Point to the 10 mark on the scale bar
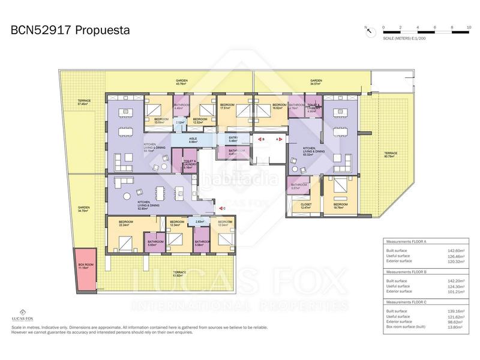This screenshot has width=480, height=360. [x=469, y=28]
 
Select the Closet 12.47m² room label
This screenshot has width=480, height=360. [x=306, y=206]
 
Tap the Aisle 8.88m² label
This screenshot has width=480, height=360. [x=193, y=140]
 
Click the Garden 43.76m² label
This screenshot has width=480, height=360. [x=181, y=82]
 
